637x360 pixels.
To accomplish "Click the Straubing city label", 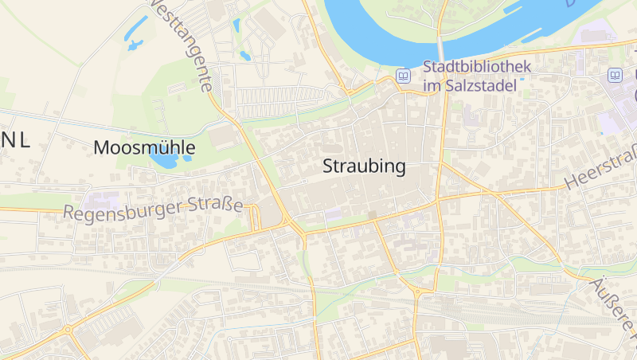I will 365,166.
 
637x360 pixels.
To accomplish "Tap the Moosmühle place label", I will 144,147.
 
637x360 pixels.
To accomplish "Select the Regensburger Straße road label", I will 153,209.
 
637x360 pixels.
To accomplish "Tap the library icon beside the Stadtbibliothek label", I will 404,76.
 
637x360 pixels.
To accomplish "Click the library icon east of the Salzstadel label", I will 615,76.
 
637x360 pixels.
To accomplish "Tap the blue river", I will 374,32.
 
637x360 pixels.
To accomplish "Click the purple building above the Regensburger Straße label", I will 104,200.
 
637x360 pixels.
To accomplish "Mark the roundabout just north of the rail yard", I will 418,292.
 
